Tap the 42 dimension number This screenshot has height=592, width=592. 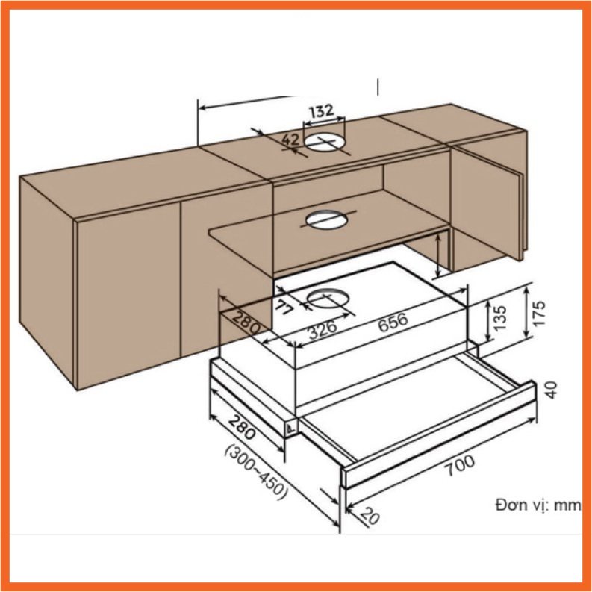(x=290, y=140)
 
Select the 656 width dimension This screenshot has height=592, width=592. (x=393, y=321)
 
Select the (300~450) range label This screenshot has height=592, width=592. (x=255, y=474)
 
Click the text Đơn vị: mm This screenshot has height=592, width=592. (x=537, y=505)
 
